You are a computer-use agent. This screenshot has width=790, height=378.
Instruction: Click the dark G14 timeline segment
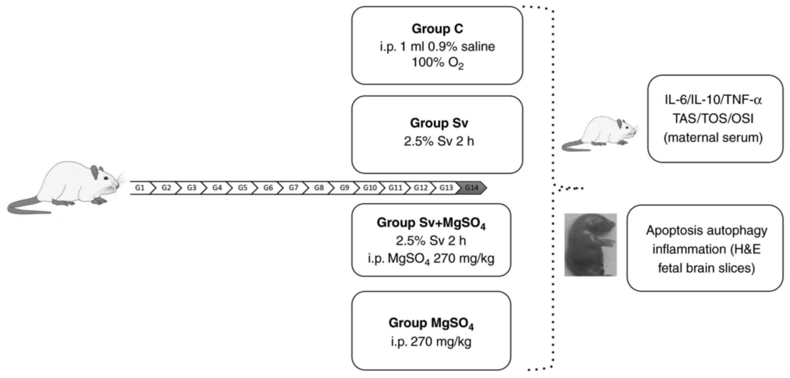(472, 188)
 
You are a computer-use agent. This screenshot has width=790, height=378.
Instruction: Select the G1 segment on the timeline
(140, 188)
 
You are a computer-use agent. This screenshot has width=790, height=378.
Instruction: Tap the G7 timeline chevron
(294, 188)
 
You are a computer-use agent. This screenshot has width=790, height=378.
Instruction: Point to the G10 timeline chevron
(370, 188)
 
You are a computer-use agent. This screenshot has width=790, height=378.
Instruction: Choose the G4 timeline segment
(217, 188)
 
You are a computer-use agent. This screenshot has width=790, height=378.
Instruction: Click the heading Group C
(437, 29)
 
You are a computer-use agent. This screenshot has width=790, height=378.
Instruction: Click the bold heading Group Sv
(439, 123)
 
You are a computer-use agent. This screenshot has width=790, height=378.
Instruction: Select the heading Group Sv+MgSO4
(431, 223)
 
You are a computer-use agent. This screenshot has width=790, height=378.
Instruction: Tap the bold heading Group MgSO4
(431, 323)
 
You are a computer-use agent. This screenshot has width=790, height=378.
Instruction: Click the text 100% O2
(437, 63)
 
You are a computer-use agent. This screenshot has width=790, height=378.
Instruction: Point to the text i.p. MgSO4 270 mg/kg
(431, 259)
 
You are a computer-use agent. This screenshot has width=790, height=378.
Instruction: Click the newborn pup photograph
(590, 245)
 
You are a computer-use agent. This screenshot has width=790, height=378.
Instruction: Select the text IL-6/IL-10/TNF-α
(713, 100)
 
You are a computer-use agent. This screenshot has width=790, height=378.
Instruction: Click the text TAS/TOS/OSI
(713, 118)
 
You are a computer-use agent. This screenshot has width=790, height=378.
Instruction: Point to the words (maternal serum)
(713, 137)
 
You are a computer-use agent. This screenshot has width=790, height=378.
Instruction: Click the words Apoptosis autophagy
(706, 230)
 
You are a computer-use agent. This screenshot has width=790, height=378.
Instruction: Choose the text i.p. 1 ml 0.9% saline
(437, 47)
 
